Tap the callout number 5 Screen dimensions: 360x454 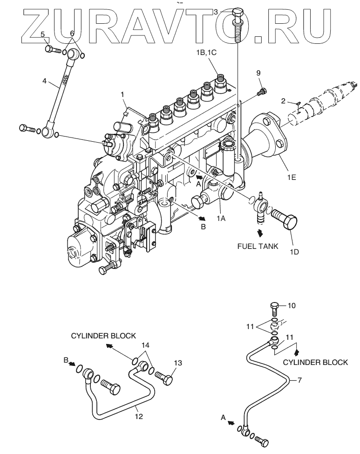pos(42,34)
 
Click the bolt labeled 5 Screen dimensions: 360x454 pos(53,49)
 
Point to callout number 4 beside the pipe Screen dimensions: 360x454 pos(44,81)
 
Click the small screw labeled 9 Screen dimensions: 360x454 pos(262,91)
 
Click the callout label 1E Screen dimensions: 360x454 pos(292,177)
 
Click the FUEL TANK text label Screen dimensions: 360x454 pos(258,246)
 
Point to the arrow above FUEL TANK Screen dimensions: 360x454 pos(260,232)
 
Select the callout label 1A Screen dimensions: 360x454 pos(221,219)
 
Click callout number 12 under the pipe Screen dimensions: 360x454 pos(139,416)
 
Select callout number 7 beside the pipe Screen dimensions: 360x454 pos(299,379)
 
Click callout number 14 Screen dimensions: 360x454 pos(145,345)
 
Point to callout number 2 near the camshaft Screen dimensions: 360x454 pos(283,101)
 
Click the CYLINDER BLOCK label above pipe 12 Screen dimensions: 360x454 pos(103,336)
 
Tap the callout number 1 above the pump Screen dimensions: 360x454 pos(122,95)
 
